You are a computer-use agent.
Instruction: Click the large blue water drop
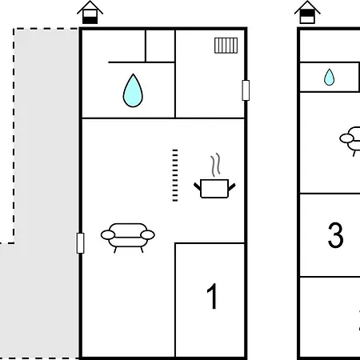click(x=133, y=91)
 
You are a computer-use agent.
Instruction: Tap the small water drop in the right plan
click(x=329, y=78)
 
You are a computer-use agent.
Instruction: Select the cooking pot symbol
click(x=214, y=189)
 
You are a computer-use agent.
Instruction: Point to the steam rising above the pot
click(x=216, y=165)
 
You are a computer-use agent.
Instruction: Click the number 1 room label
click(x=212, y=296)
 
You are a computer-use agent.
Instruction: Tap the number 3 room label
click(x=335, y=235)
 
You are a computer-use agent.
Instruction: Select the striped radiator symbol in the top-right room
click(x=226, y=46)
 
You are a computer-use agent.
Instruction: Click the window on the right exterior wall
click(x=246, y=90)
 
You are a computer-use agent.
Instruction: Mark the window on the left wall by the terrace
click(x=80, y=243)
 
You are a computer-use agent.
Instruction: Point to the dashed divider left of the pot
click(x=175, y=175)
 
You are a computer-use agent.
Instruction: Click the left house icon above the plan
click(x=90, y=13)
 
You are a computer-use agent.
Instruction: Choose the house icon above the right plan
click(x=307, y=13)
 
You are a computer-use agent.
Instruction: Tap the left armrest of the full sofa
click(x=108, y=235)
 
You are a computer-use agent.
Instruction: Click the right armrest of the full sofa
click(x=147, y=235)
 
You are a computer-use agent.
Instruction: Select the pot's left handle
click(x=197, y=186)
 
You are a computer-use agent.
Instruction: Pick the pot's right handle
click(x=232, y=186)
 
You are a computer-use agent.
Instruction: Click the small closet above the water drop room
click(x=160, y=46)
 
